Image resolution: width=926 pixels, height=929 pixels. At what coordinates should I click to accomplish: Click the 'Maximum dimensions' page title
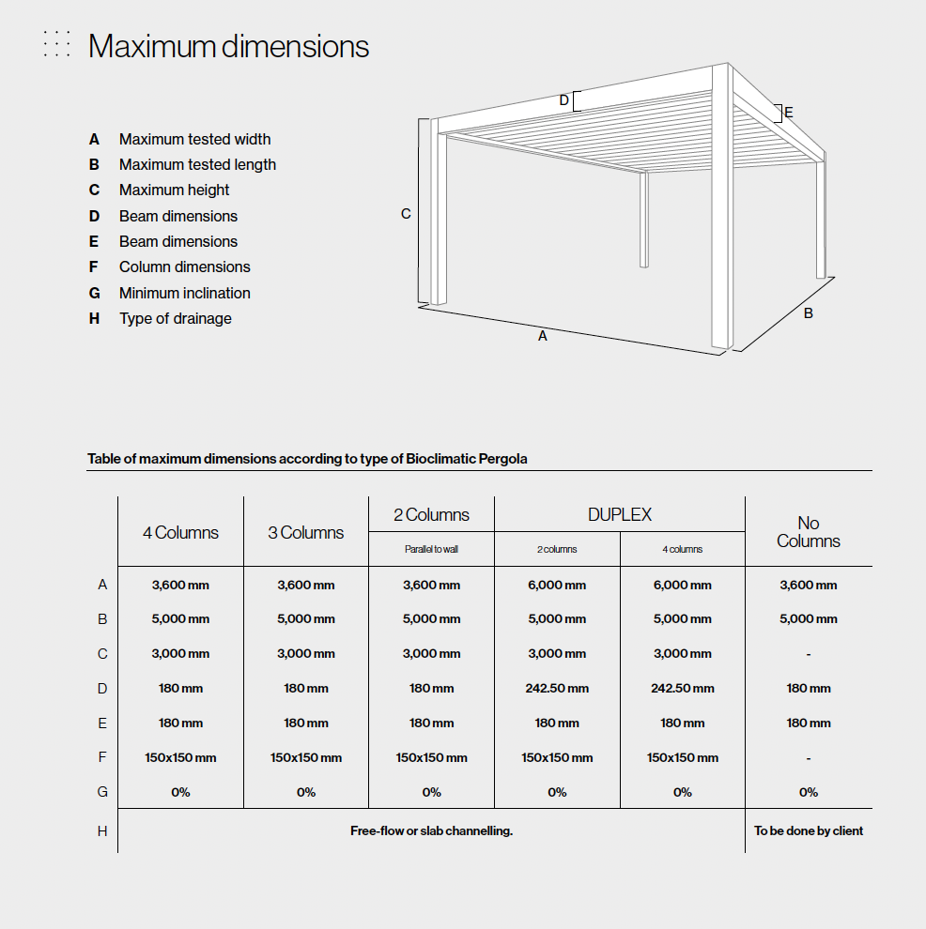pyautogui.click(x=228, y=46)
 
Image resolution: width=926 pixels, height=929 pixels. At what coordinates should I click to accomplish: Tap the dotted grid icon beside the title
pyautogui.click(x=56, y=44)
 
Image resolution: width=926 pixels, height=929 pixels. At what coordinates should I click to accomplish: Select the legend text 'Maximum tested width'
pyautogui.click(x=194, y=139)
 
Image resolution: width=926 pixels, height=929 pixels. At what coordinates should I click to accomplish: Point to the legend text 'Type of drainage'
pyautogui.click(x=175, y=318)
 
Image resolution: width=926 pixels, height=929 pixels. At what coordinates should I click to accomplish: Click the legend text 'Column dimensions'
pyautogui.click(x=184, y=267)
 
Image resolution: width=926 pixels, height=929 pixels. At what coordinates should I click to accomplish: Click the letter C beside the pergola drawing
pyautogui.click(x=406, y=214)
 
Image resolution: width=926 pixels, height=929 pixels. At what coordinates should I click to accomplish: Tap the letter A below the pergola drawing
pyautogui.click(x=542, y=335)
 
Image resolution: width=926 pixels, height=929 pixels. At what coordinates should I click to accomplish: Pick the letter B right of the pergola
pyautogui.click(x=808, y=313)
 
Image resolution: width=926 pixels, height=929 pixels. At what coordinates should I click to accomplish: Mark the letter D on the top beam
pyautogui.click(x=564, y=100)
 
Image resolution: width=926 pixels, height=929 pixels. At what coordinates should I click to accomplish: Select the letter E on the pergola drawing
pyautogui.click(x=789, y=113)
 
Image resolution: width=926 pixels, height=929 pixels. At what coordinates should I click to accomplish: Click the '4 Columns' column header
pyautogui.click(x=180, y=532)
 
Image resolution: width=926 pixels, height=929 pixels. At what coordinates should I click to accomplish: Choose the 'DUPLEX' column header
pyautogui.click(x=619, y=514)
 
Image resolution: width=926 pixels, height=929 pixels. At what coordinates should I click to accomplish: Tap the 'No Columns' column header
pyautogui.click(x=808, y=532)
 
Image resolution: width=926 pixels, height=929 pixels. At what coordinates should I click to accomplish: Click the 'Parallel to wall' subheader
pyautogui.click(x=431, y=549)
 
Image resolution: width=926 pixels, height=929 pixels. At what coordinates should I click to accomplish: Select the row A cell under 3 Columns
pyautogui.click(x=306, y=585)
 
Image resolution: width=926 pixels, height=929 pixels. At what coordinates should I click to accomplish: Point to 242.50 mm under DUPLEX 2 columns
pyautogui.click(x=557, y=688)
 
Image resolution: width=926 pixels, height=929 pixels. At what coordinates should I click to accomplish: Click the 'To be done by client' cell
pyautogui.click(x=809, y=830)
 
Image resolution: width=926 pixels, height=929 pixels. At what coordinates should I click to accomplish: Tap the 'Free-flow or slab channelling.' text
pyautogui.click(x=431, y=830)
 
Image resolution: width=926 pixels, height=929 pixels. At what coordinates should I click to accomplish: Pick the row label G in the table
pyautogui.click(x=102, y=792)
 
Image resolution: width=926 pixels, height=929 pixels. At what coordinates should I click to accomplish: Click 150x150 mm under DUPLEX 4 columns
pyautogui.click(x=683, y=757)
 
